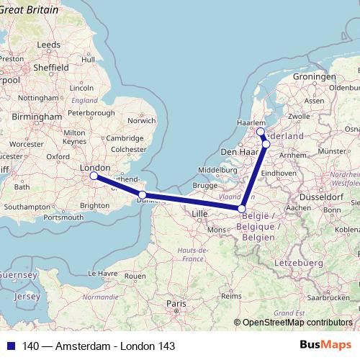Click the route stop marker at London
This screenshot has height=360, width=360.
pyautogui.click(x=94, y=175)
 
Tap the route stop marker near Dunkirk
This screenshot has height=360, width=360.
pyautogui.click(x=143, y=195)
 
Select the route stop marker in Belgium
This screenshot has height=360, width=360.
pyautogui.click(x=242, y=209)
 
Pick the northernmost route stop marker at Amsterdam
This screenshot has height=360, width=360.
pyautogui.click(x=261, y=132)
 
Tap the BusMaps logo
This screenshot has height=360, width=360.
pyautogui.click(x=328, y=346)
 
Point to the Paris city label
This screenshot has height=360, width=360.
pyautogui.click(x=176, y=304)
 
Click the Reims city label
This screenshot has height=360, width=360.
pyautogui.click(x=231, y=295)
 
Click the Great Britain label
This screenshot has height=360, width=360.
pyautogui.click(x=32, y=9)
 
